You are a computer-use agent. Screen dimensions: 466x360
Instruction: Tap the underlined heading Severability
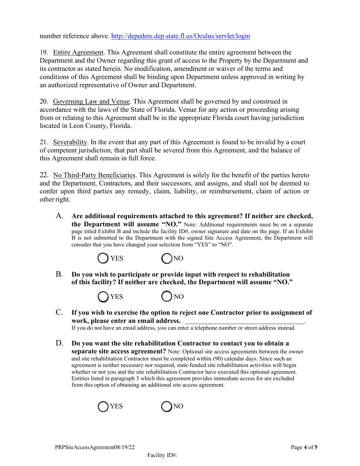70,142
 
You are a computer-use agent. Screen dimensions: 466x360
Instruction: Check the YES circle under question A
103,258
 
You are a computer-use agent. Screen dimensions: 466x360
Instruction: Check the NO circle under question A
167,258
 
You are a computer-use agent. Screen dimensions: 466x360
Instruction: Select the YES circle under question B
103,297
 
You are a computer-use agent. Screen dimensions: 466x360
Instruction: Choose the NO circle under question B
167,297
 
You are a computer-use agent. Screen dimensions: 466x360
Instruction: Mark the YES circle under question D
103,406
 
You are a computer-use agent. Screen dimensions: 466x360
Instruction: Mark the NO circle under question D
167,406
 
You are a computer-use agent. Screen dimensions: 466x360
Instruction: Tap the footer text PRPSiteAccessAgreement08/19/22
94,447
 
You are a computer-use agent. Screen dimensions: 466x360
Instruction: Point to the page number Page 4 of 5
304,447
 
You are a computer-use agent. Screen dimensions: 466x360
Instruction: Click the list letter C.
59,312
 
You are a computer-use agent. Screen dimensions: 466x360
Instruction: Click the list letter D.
59,343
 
